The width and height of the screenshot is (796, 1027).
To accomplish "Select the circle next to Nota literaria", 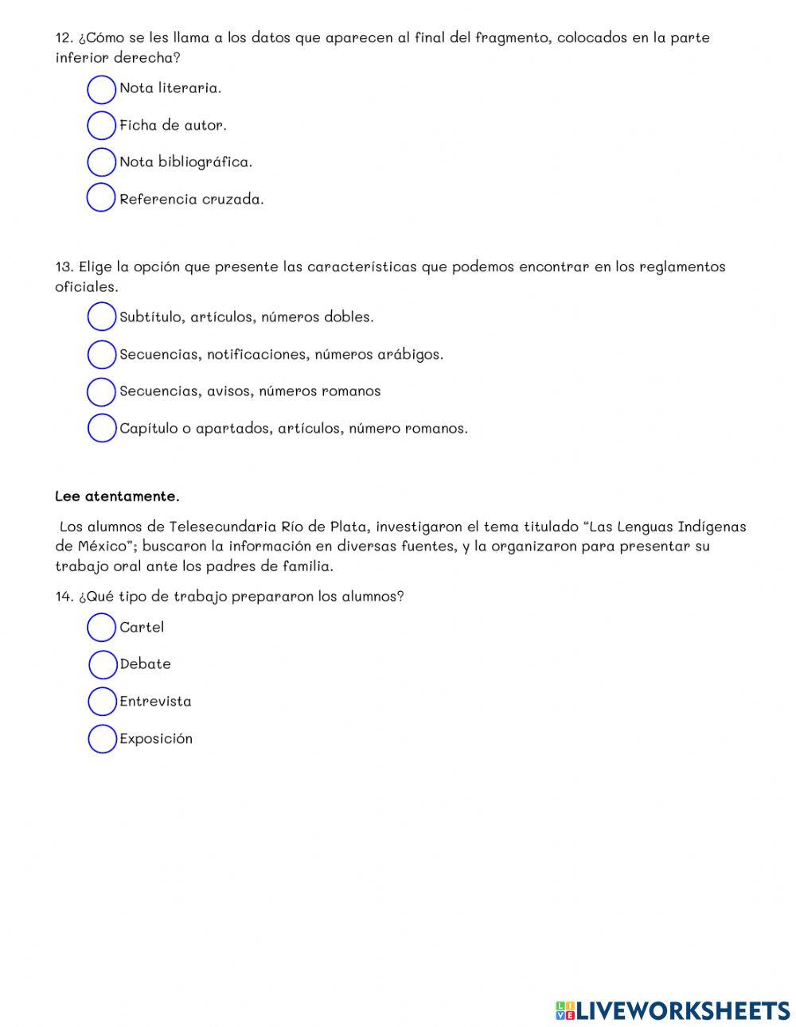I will point(101,89).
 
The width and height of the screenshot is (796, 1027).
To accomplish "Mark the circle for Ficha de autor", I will point(101,126).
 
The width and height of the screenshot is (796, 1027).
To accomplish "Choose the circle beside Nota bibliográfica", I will point(101,162).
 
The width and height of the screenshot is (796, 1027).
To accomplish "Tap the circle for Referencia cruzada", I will point(101,198).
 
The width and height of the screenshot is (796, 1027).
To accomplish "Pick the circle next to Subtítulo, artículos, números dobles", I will point(101,317).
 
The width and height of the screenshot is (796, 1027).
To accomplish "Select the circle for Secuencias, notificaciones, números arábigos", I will point(101,355).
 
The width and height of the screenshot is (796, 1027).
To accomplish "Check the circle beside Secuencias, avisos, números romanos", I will point(101,391).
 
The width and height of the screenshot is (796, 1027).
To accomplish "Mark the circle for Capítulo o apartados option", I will point(101,428).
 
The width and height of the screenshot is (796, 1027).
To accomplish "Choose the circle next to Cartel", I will point(101,628).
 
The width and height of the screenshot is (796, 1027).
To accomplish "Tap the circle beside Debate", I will point(103,664).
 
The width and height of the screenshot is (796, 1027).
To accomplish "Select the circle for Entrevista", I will point(102,702).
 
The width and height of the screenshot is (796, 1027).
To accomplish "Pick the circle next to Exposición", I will point(102,739).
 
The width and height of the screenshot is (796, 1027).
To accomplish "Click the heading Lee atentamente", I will point(117,496).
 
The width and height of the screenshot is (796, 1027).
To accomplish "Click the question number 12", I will point(64,38).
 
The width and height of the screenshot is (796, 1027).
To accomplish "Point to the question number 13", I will point(64,267).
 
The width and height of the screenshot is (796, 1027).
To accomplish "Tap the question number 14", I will point(64,597).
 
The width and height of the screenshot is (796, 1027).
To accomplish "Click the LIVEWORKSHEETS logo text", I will point(682,1010).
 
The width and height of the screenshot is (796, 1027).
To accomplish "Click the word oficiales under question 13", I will point(86,287).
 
